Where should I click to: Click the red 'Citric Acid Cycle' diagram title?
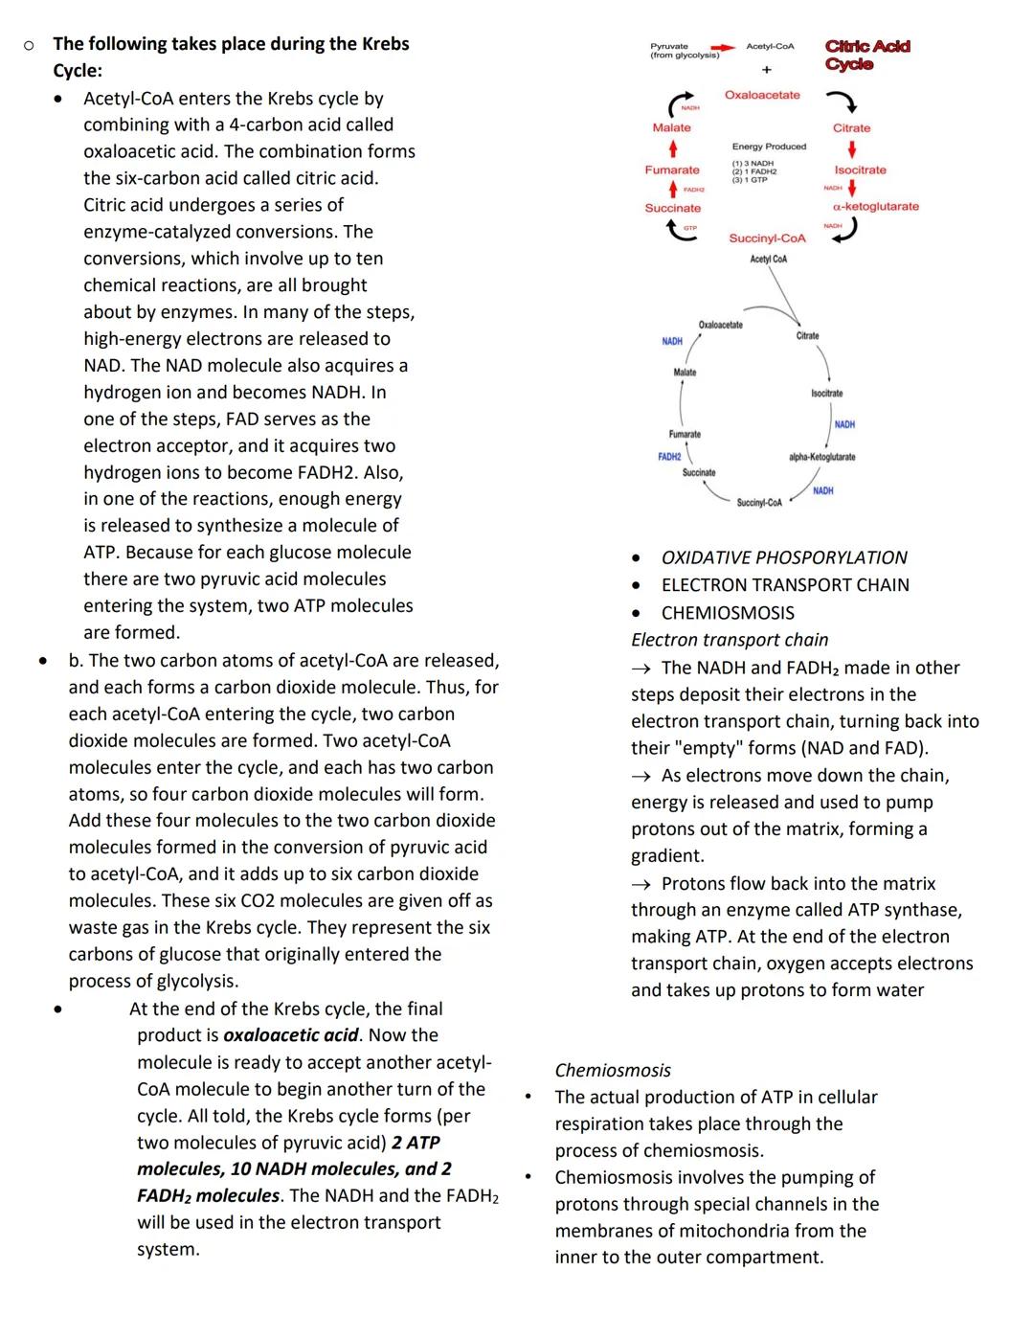coord(866,55)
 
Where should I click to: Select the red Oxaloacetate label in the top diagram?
coord(762,95)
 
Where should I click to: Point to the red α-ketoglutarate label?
coord(875,206)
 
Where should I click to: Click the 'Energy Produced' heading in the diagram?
coord(769,147)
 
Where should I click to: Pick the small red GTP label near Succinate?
coord(689,228)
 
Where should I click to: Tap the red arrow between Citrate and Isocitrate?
coord(852,149)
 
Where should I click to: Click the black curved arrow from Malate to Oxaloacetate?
coord(680,103)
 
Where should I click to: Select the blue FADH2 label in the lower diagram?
coord(669,457)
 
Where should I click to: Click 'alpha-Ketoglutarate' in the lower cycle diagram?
coord(821,457)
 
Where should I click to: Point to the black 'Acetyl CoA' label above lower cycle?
coord(768,260)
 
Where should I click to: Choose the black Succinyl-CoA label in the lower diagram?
coord(759,503)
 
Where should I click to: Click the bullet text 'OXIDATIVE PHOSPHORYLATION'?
coord(784,557)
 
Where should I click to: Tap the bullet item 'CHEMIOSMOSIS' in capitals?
coord(728,613)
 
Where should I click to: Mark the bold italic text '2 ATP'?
coord(416,1143)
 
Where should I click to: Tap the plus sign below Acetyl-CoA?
coord(766,70)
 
